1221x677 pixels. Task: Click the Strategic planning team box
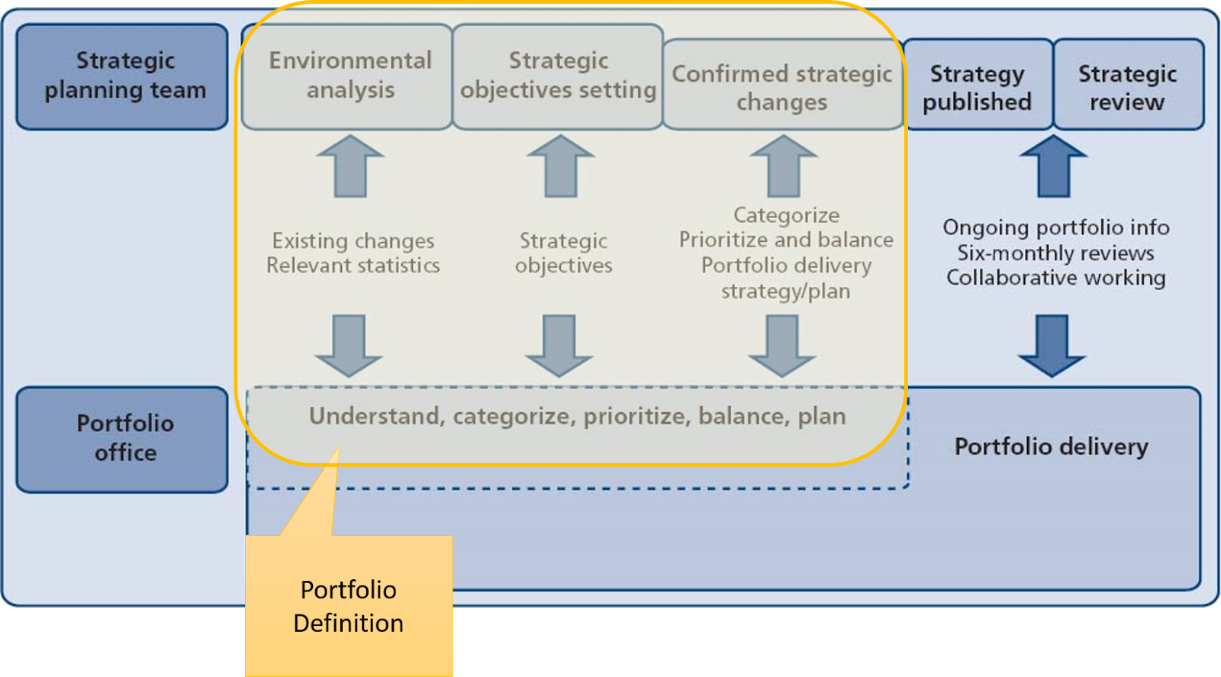click(122, 76)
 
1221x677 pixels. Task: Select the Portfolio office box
click(122, 439)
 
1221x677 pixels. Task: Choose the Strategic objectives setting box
click(558, 76)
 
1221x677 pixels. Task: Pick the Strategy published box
click(978, 85)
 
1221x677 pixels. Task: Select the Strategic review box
click(1128, 85)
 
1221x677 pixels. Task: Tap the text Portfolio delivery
click(1051, 446)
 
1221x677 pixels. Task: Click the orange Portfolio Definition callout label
click(349, 606)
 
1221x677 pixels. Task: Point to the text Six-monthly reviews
click(1055, 253)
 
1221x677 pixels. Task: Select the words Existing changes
click(353, 241)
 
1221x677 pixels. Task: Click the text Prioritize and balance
click(786, 240)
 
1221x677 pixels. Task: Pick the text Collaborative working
click(1055, 278)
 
